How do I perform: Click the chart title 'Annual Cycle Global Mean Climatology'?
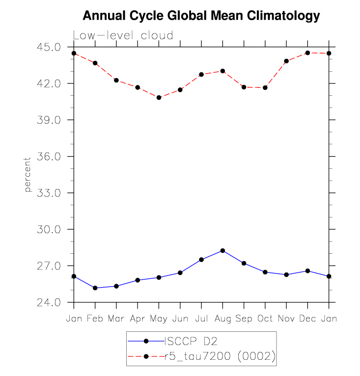[x=201, y=16]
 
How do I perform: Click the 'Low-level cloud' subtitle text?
[x=123, y=35]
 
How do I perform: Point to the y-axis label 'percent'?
[x=28, y=175]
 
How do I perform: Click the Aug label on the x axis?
[x=222, y=319]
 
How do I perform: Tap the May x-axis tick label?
[x=159, y=319]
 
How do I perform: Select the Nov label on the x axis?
[x=286, y=319]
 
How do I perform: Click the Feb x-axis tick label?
[x=95, y=319]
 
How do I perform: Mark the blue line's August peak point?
[x=222, y=250]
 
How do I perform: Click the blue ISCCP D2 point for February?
[x=95, y=288]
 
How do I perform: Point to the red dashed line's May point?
[x=159, y=98]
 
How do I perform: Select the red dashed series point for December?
[x=307, y=53]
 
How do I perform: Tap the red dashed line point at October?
[x=265, y=87]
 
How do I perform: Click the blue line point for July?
[x=201, y=259]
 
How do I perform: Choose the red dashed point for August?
[x=222, y=71]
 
